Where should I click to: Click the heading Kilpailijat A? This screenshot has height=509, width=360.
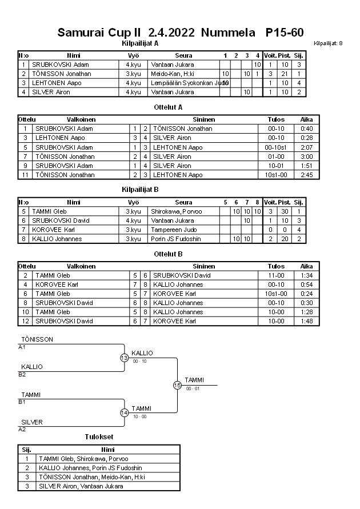pyautogui.click(x=140, y=43)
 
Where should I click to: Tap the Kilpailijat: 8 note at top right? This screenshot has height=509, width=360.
pyautogui.click(x=328, y=43)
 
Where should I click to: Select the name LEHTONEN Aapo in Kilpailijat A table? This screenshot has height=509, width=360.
pyautogui.click(x=57, y=83)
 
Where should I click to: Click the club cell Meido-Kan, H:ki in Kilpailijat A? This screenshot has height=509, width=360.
pyautogui.click(x=172, y=74)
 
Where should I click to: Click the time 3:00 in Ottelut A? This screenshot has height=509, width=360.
pyautogui.click(x=306, y=157)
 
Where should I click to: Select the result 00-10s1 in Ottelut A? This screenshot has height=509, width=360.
pyautogui.click(x=276, y=147)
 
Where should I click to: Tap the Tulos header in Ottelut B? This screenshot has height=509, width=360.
pyautogui.click(x=276, y=266)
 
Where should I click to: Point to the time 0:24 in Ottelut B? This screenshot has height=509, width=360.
pyautogui.click(x=306, y=294)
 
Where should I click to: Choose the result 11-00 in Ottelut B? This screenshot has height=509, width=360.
pyautogui.click(x=276, y=275)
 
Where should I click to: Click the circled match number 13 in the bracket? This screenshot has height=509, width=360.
pyautogui.click(x=124, y=358)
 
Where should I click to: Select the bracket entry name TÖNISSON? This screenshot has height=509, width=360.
pyautogui.click(x=37, y=339)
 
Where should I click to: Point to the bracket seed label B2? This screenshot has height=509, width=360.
pyautogui.click(x=22, y=375)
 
